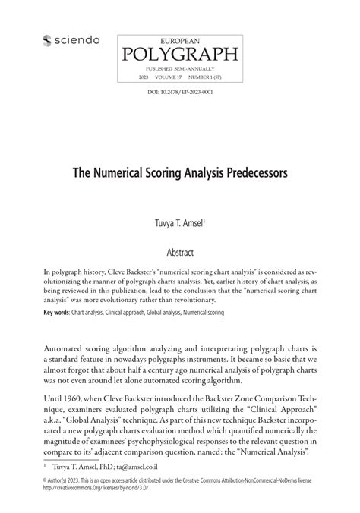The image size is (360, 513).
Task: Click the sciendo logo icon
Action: pos(47,40)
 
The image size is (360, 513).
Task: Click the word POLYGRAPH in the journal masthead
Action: pos(179,53)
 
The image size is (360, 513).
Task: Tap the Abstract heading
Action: pos(180,251)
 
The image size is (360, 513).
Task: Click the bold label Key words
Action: pos(57,311)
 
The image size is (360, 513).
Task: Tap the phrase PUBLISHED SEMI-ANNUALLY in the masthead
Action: pos(179,68)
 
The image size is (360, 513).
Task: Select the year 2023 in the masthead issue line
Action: pos(144,77)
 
